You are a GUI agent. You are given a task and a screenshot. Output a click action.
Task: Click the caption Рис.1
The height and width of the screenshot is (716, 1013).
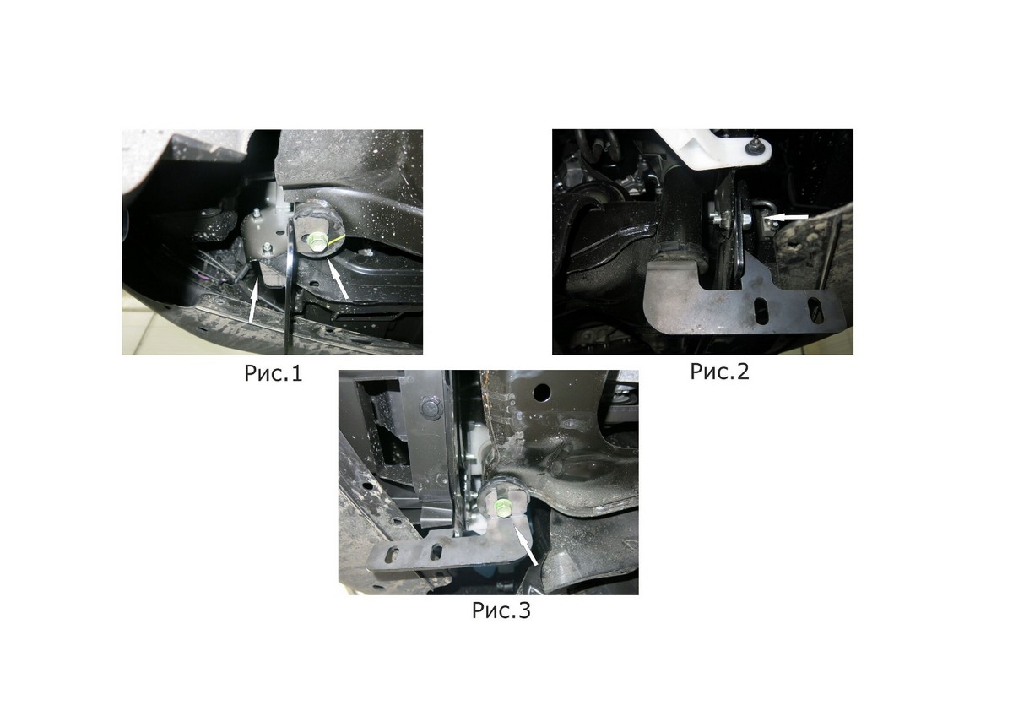274,373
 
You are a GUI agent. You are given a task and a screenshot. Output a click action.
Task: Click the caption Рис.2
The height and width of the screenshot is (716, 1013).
719,372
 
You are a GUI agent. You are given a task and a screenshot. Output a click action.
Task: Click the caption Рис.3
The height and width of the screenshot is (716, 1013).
501,610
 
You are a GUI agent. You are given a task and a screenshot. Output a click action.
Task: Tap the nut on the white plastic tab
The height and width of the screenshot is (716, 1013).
754,147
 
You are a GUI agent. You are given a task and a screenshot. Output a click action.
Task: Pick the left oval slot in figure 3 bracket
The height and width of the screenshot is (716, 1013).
393,555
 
